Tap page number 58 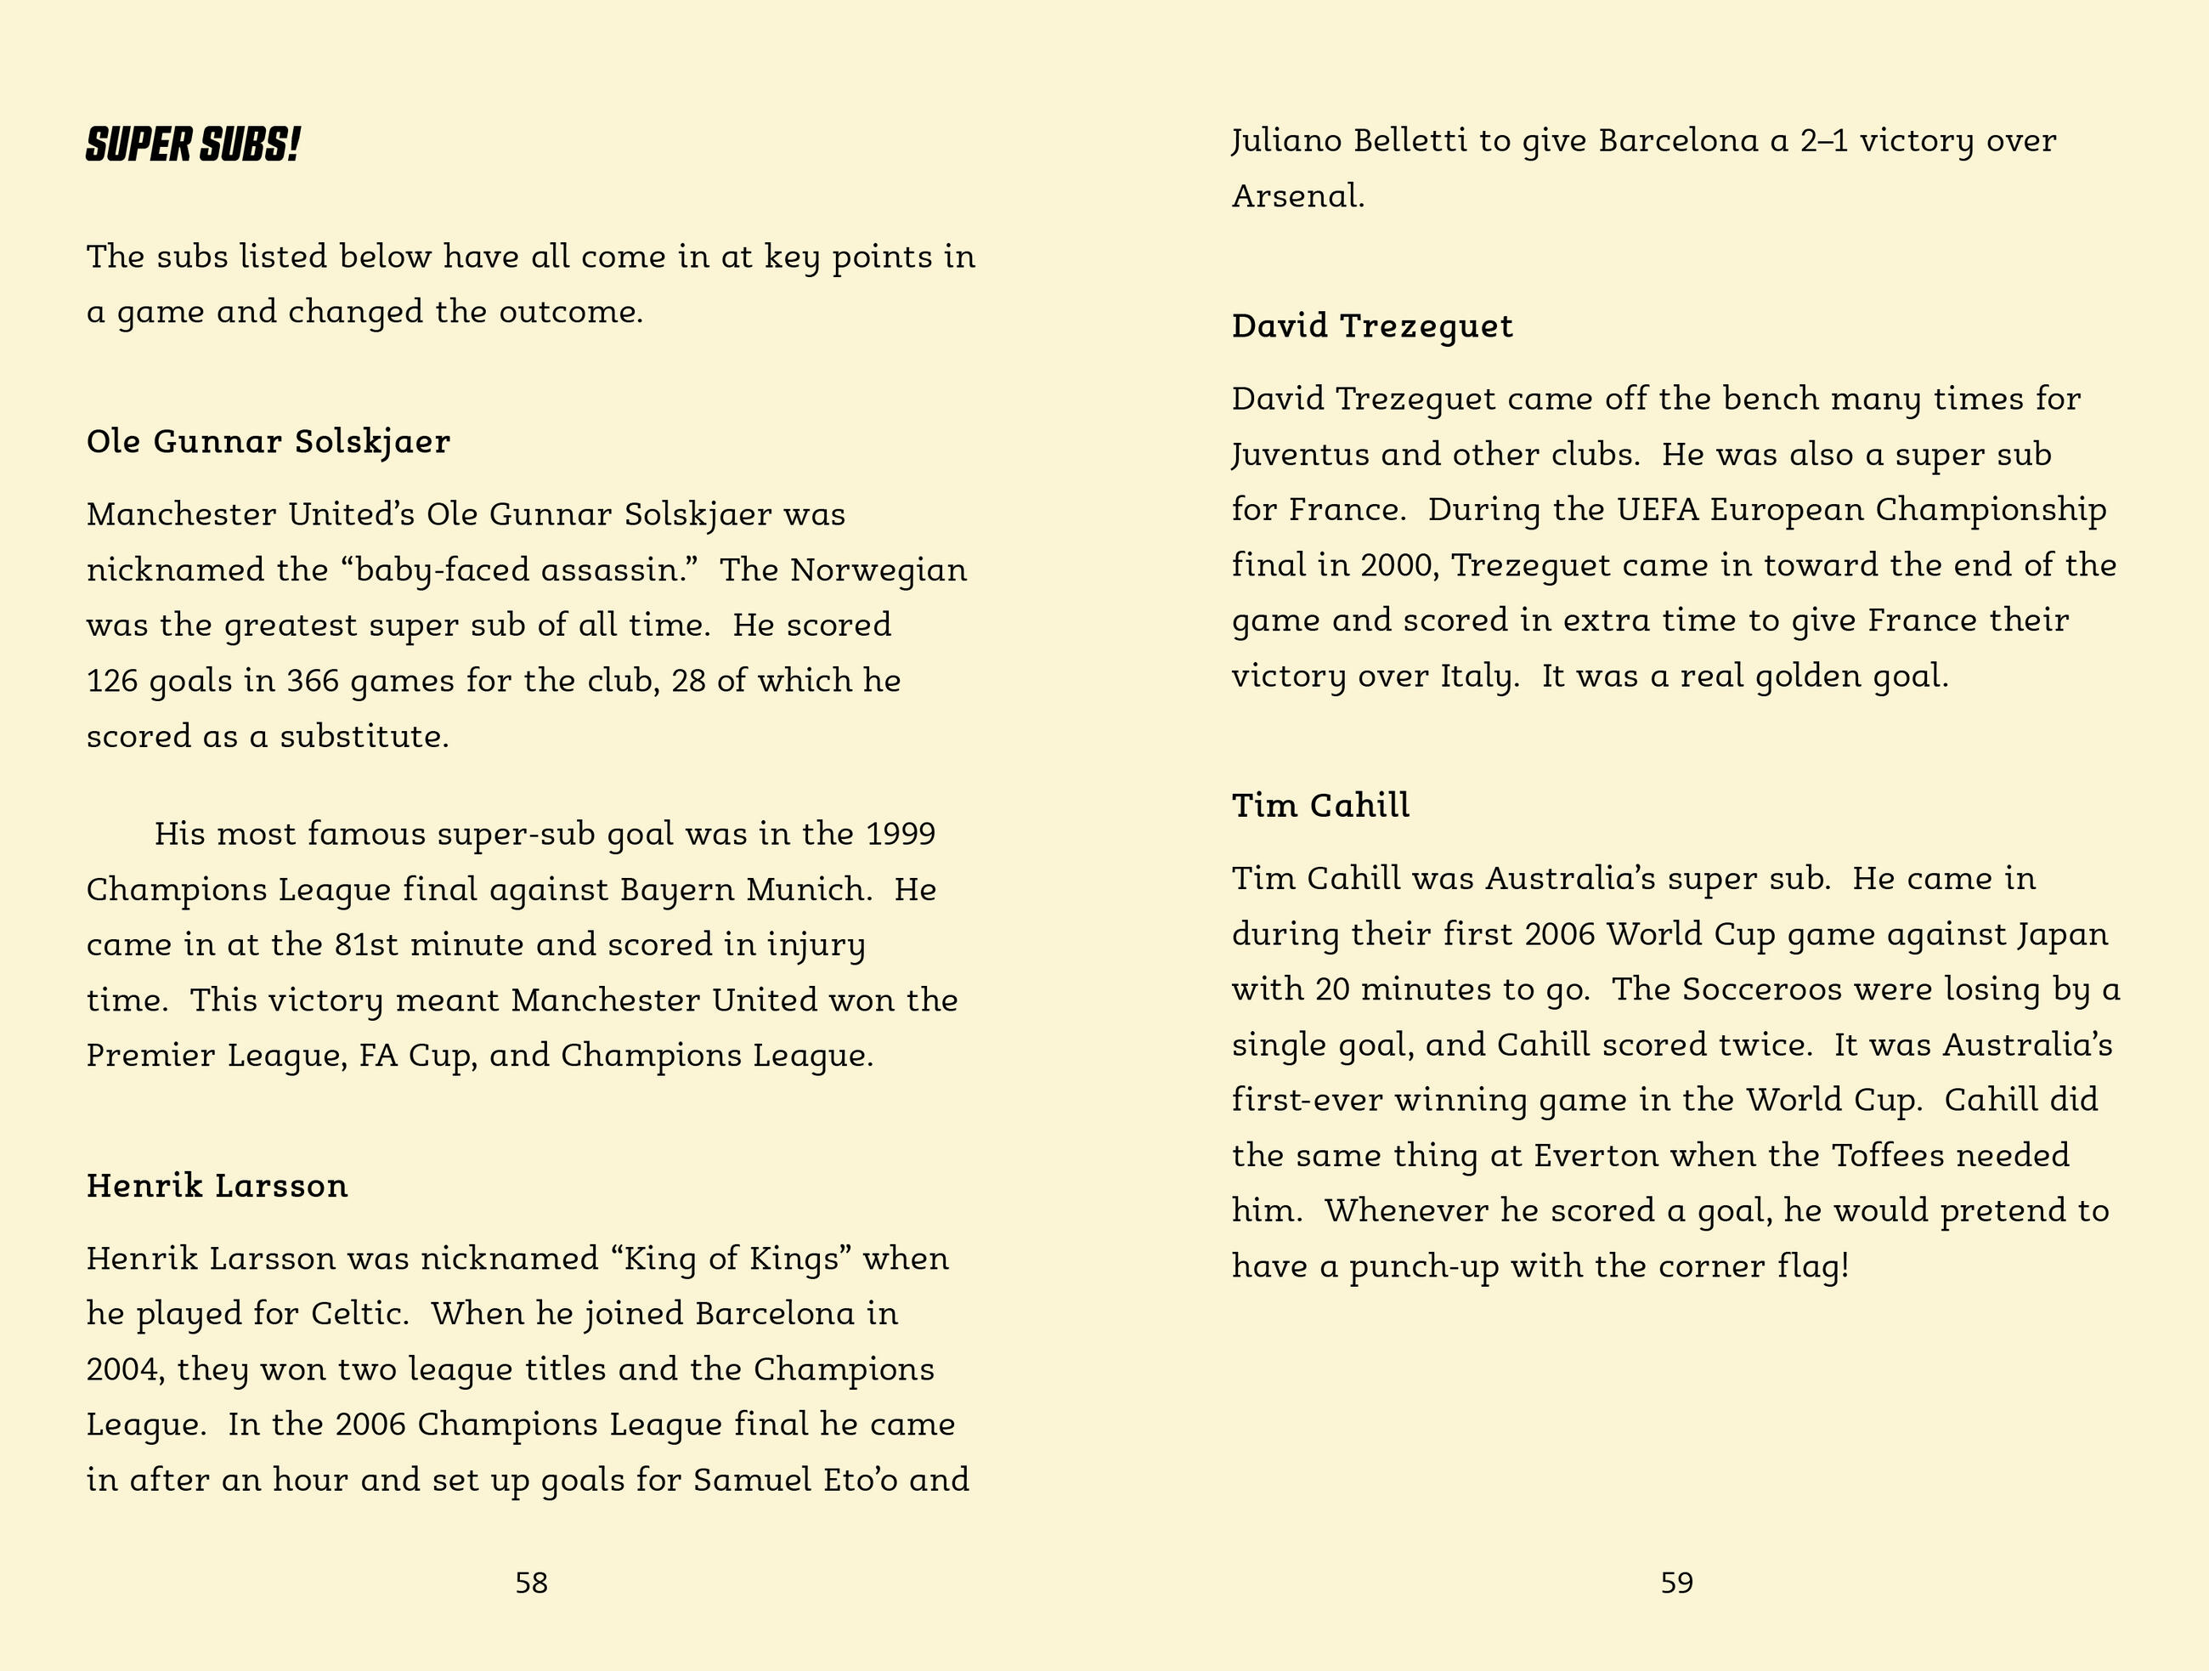tap(531, 1582)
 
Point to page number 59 tap(1677, 1582)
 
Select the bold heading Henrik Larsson tap(217, 1186)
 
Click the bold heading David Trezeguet tap(1372, 326)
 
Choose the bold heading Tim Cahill tap(1320, 806)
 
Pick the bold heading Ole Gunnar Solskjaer tap(268, 441)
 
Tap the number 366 tap(313, 681)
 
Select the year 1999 tap(901, 834)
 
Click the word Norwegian tap(879, 570)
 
